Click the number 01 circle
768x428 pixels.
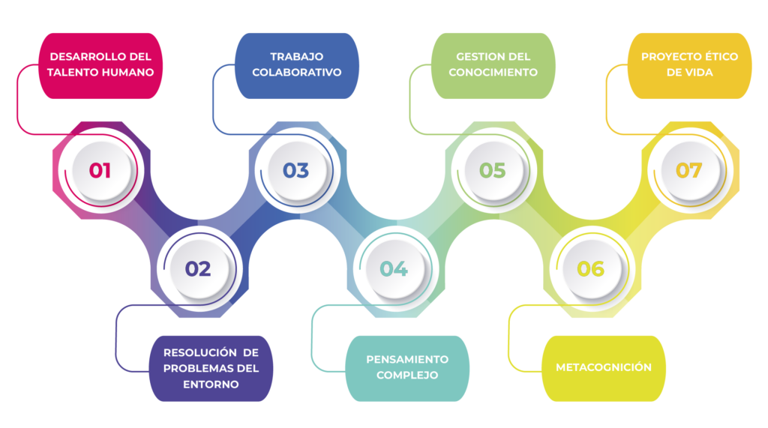[100, 170]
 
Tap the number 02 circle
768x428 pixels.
[198, 268]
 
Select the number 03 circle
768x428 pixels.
[296, 170]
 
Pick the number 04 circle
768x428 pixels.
[394, 268]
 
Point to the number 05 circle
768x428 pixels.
[493, 170]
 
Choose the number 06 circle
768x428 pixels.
[590, 268]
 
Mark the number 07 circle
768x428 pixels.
[688, 170]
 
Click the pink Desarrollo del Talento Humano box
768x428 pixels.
[100, 65]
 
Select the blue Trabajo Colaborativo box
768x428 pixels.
[296, 65]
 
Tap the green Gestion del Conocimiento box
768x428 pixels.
[493, 65]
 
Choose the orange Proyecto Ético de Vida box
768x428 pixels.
[688, 65]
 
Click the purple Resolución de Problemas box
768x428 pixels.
[211, 368]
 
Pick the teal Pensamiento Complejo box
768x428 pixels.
[407, 367]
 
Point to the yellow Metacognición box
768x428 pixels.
[604, 367]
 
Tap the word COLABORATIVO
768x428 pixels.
[296, 73]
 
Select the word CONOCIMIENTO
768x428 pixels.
[493, 73]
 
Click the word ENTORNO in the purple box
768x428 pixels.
[211, 385]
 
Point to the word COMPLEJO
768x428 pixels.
[407, 375]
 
